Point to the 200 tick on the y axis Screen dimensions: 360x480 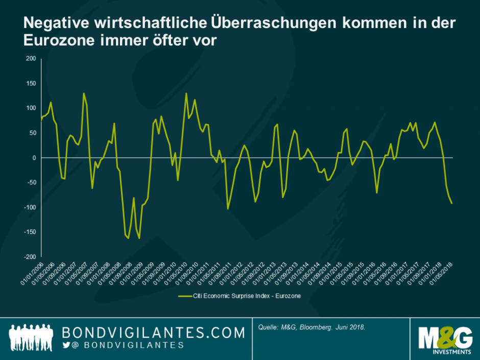coord(30,59)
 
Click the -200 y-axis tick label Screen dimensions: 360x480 coord(29,256)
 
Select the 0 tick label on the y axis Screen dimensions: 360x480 coord(33,158)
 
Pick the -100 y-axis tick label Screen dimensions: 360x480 coord(29,207)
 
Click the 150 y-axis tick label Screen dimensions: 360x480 coord(30,83)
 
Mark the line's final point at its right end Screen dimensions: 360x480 coord(452,203)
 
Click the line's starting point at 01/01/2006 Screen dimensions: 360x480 coord(41,121)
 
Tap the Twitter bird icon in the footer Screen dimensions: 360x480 coord(66,346)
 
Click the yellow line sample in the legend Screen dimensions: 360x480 coord(184,295)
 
